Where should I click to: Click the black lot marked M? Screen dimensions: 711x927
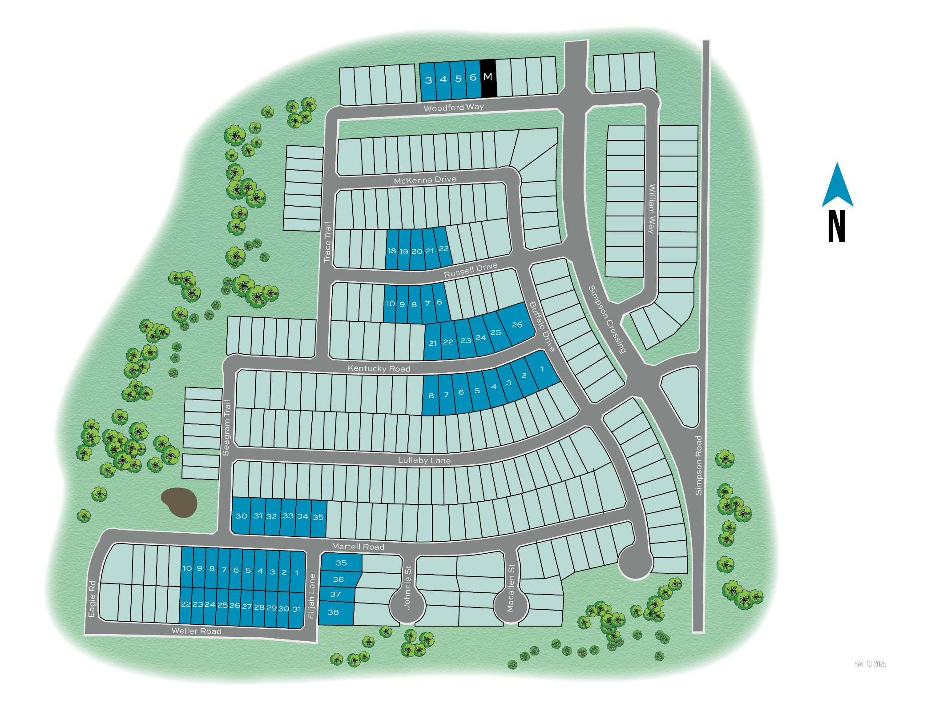click(488, 78)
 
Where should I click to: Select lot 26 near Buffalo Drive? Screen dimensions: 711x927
click(516, 324)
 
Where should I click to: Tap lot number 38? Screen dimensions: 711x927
click(334, 612)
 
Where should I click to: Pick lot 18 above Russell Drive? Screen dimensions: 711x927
click(391, 250)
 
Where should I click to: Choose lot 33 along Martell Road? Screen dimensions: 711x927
click(288, 516)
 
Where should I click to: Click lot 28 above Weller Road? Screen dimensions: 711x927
click(259, 607)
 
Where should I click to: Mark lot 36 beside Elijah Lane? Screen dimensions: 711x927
click(339, 579)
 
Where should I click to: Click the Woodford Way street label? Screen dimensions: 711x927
click(453, 108)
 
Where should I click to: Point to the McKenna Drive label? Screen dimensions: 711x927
click(425, 180)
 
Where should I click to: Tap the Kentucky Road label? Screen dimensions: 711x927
click(379, 368)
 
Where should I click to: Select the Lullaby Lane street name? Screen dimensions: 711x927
click(424, 460)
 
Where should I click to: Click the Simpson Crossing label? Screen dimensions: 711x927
click(608, 319)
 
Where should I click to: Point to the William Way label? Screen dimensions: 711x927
click(652, 209)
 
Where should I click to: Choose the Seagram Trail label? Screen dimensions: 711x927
click(226, 428)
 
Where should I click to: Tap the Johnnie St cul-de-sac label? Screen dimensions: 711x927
click(407, 587)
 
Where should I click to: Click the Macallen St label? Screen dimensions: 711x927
click(511, 588)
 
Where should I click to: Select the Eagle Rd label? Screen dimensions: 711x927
click(92, 599)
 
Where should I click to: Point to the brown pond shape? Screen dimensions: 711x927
click(180, 503)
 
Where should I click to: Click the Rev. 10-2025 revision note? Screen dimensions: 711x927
click(870, 664)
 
